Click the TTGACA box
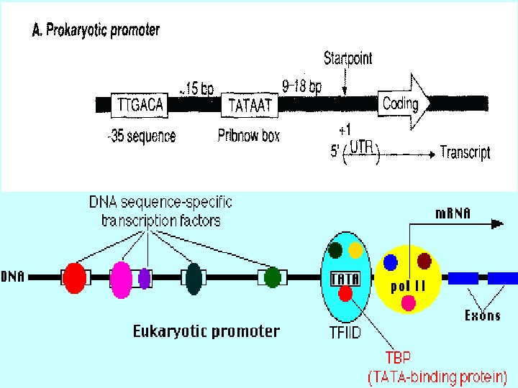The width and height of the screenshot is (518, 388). click(x=140, y=105)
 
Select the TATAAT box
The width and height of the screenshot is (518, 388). click(x=250, y=105)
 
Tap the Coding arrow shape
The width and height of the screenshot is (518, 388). click(x=404, y=102)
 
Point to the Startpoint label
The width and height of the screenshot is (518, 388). click(x=348, y=58)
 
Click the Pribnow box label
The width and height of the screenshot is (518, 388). click(x=248, y=136)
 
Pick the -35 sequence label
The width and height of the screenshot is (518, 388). click(x=142, y=137)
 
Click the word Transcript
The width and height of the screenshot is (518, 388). click(x=465, y=153)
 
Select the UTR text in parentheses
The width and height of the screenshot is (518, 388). click(x=361, y=147)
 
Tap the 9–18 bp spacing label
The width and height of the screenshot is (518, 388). click(x=301, y=86)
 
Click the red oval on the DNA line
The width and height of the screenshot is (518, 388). click(x=75, y=278)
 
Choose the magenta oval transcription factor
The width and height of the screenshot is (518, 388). click(x=121, y=280)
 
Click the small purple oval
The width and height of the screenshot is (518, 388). click(x=145, y=279)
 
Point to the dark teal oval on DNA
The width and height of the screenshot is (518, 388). click(x=194, y=279)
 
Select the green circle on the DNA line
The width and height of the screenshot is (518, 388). click(x=273, y=277)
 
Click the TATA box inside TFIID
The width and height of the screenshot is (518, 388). click(x=345, y=280)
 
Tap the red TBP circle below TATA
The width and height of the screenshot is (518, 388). click(x=345, y=294)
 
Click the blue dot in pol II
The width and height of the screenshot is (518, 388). click(x=391, y=262)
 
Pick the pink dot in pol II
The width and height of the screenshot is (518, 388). click(x=409, y=303)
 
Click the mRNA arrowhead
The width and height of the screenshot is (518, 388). click(x=498, y=224)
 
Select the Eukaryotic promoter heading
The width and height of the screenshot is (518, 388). click(x=206, y=331)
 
